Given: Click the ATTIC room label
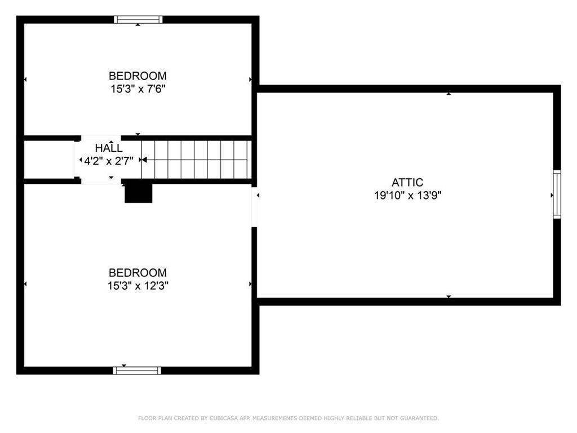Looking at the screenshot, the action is (x=407, y=182).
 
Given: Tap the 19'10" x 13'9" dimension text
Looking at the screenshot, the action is (x=407, y=195).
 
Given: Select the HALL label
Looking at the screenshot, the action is (x=109, y=148).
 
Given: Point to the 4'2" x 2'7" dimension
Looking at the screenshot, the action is (x=109, y=161).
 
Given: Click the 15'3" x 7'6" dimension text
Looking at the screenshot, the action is (x=138, y=89).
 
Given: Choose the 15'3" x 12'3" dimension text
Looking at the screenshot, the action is (x=138, y=286).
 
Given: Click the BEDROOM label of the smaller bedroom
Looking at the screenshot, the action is (x=137, y=76).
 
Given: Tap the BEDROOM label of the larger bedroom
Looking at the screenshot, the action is (x=137, y=273).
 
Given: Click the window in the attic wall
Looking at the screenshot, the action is (x=557, y=195).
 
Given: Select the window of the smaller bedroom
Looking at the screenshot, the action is (x=138, y=20).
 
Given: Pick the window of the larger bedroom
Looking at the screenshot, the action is (x=137, y=370).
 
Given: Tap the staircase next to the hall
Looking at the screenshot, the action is (x=197, y=160).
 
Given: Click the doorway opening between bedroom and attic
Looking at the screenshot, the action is (x=254, y=207).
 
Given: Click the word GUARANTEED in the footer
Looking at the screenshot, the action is (x=419, y=418).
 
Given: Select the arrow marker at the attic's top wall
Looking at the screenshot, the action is (x=449, y=94).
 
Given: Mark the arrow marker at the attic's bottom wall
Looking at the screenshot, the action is (x=449, y=297).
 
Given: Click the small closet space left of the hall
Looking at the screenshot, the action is (x=49, y=160).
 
